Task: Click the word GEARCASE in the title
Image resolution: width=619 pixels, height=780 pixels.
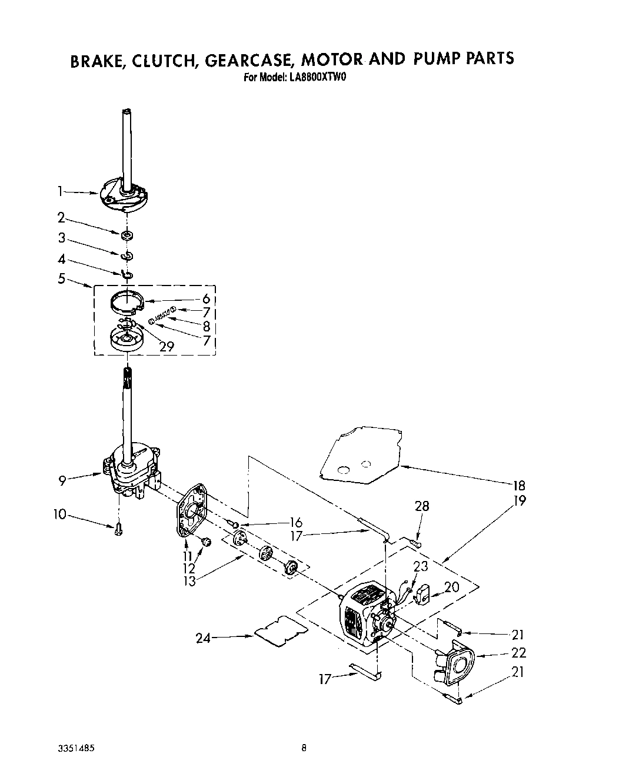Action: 247,59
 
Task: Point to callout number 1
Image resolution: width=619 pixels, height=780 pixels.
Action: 60,191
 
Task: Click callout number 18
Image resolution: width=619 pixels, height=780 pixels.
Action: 518,486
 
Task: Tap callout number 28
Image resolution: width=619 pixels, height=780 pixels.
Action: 422,506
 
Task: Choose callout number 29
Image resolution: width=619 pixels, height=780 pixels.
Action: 167,346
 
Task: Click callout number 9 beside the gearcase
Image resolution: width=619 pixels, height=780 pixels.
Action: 62,480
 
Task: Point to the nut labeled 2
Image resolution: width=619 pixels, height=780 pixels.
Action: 125,235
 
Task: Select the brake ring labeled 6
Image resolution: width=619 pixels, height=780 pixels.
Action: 128,303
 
